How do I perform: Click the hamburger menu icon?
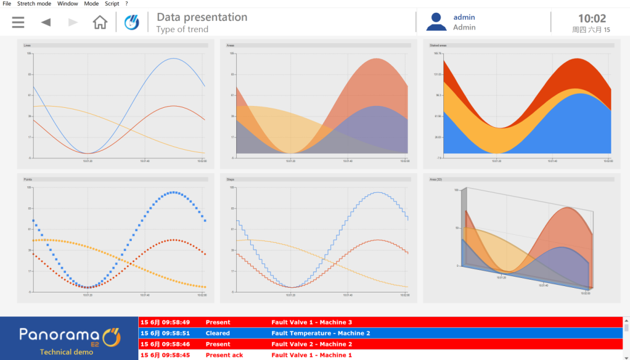point(18,22)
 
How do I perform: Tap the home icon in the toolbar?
point(100,22)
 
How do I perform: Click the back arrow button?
point(45,22)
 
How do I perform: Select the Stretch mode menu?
point(34,3)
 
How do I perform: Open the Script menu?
point(112,3)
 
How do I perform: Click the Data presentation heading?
point(202,17)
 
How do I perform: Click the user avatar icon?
point(436,22)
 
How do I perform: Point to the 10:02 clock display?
point(591,19)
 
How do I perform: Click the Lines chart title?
point(27,45)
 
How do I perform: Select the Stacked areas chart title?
point(438,45)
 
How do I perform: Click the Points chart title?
point(28,179)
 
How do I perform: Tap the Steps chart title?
point(230,179)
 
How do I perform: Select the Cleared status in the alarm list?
point(218,333)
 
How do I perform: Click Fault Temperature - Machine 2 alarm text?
point(321,333)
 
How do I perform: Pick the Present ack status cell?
point(224,355)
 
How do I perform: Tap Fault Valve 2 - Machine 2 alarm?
point(311,344)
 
